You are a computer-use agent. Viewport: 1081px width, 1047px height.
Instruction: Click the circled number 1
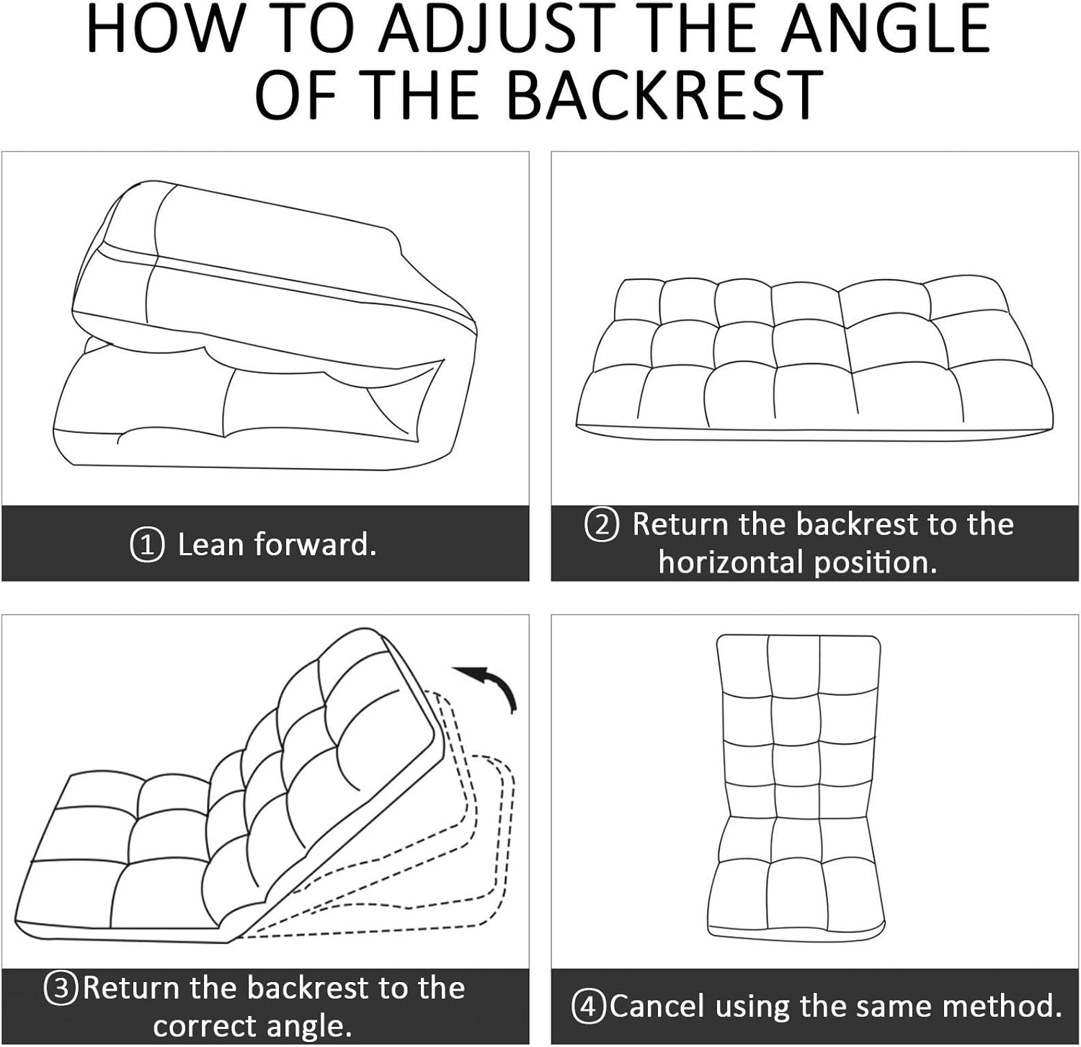pyautogui.click(x=147, y=545)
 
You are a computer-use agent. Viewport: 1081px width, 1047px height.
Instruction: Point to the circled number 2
pyautogui.click(x=602, y=525)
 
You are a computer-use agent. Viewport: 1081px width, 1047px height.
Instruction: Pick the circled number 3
pyautogui.click(x=61, y=988)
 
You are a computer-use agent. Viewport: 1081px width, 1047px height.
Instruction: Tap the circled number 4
pyautogui.click(x=589, y=1007)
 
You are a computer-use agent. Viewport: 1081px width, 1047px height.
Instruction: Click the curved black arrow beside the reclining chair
pyautogui.click(x=490, y=685)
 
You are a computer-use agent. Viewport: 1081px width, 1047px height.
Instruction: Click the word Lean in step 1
pyautogui.click(x=210, y=544)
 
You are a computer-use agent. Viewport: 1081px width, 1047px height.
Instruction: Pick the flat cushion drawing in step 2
pyautogui.click(x=814, y=357)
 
